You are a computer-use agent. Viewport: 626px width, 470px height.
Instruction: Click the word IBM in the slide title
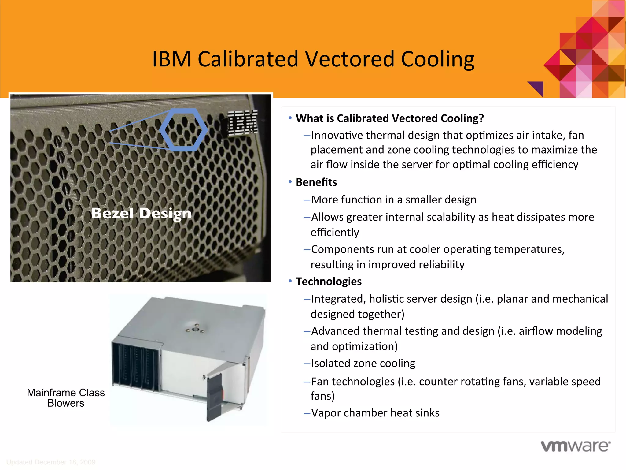point(171,59)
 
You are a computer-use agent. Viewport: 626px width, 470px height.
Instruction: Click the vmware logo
point(576,446)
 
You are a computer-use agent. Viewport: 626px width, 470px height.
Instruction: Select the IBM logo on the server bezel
point(243,123)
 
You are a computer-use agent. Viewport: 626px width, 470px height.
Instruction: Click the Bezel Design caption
point(141,213)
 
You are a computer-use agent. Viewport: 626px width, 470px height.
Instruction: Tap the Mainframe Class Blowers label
point(66,398)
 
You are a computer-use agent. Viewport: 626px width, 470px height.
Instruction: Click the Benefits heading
point(316,182)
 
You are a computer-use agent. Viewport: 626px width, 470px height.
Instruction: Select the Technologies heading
point(329,282)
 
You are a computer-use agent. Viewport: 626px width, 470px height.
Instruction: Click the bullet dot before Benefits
point(290,182)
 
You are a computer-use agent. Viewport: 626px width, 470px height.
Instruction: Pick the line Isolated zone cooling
point(363,363)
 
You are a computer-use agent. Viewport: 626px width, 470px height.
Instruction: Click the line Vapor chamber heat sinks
point(375,413)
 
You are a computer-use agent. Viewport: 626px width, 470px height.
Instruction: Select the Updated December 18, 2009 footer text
point(51,462)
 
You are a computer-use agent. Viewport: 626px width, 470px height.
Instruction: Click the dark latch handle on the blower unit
point(215,396)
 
